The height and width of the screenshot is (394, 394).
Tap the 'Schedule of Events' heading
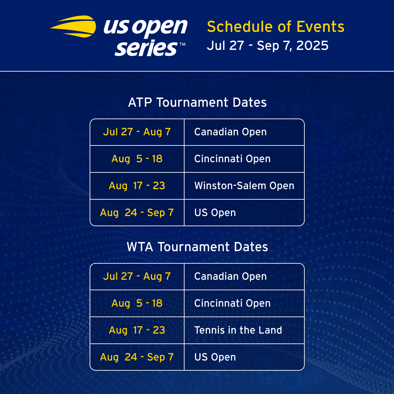[275, 27]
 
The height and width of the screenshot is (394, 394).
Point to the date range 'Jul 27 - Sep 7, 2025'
[268, 45]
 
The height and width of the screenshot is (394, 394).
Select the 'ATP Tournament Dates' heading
[197, 102]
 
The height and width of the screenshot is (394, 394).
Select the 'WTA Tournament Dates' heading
[197, 247]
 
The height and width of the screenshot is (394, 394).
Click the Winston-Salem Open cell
[244, 186]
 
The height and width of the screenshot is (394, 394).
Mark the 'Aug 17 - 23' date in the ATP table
[137, 186]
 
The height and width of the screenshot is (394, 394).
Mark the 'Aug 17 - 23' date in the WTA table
[137, 330]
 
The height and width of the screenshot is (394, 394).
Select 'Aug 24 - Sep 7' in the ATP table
[137, 213]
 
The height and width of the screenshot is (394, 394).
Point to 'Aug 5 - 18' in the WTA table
[137, 303]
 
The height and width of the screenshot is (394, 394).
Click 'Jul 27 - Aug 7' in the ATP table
[137, 132]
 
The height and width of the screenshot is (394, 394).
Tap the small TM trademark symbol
[182, 44]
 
